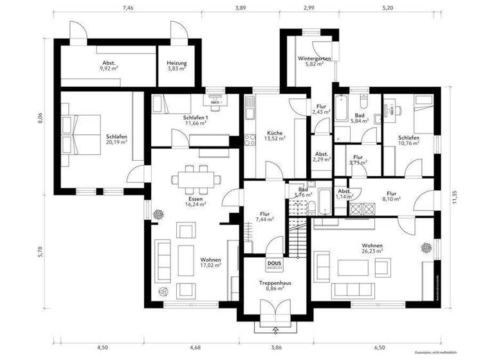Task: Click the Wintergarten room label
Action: pos(315,59)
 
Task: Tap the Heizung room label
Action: pos(177,63)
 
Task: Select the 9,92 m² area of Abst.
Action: pos(107,68)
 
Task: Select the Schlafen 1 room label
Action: pos(195,118)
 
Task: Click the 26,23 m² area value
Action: pos(373,251)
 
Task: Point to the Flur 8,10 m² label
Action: pos(392,195)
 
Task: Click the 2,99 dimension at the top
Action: pos(309,8)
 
